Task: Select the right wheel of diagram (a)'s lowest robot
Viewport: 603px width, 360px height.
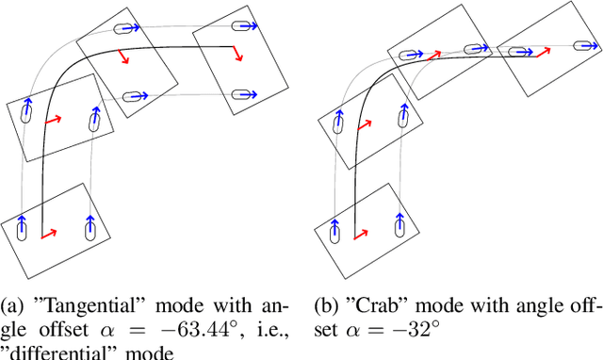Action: pyautogui.click(x=90, y=229)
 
